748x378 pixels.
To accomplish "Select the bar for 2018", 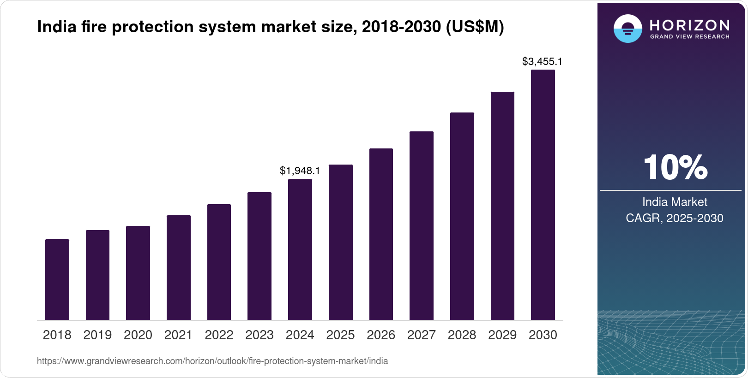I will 57,279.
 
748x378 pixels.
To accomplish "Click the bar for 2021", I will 179,267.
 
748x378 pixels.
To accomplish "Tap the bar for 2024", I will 300,249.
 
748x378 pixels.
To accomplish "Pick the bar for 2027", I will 422,225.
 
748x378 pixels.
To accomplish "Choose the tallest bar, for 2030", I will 543,195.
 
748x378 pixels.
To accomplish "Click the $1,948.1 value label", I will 300,171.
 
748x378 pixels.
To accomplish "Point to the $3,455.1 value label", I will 542,62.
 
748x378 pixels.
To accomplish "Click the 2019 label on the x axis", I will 97,335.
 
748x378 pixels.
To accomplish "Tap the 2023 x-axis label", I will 259,335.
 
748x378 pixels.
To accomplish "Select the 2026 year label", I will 381,335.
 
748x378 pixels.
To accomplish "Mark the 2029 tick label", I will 502,335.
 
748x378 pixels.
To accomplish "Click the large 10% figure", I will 675,167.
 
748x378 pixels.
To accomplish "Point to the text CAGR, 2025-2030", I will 675,218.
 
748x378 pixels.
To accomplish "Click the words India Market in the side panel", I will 675,202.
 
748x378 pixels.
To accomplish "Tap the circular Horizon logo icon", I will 627,29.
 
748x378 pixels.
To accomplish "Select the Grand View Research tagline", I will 690,36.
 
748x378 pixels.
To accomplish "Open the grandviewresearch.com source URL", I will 212,361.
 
